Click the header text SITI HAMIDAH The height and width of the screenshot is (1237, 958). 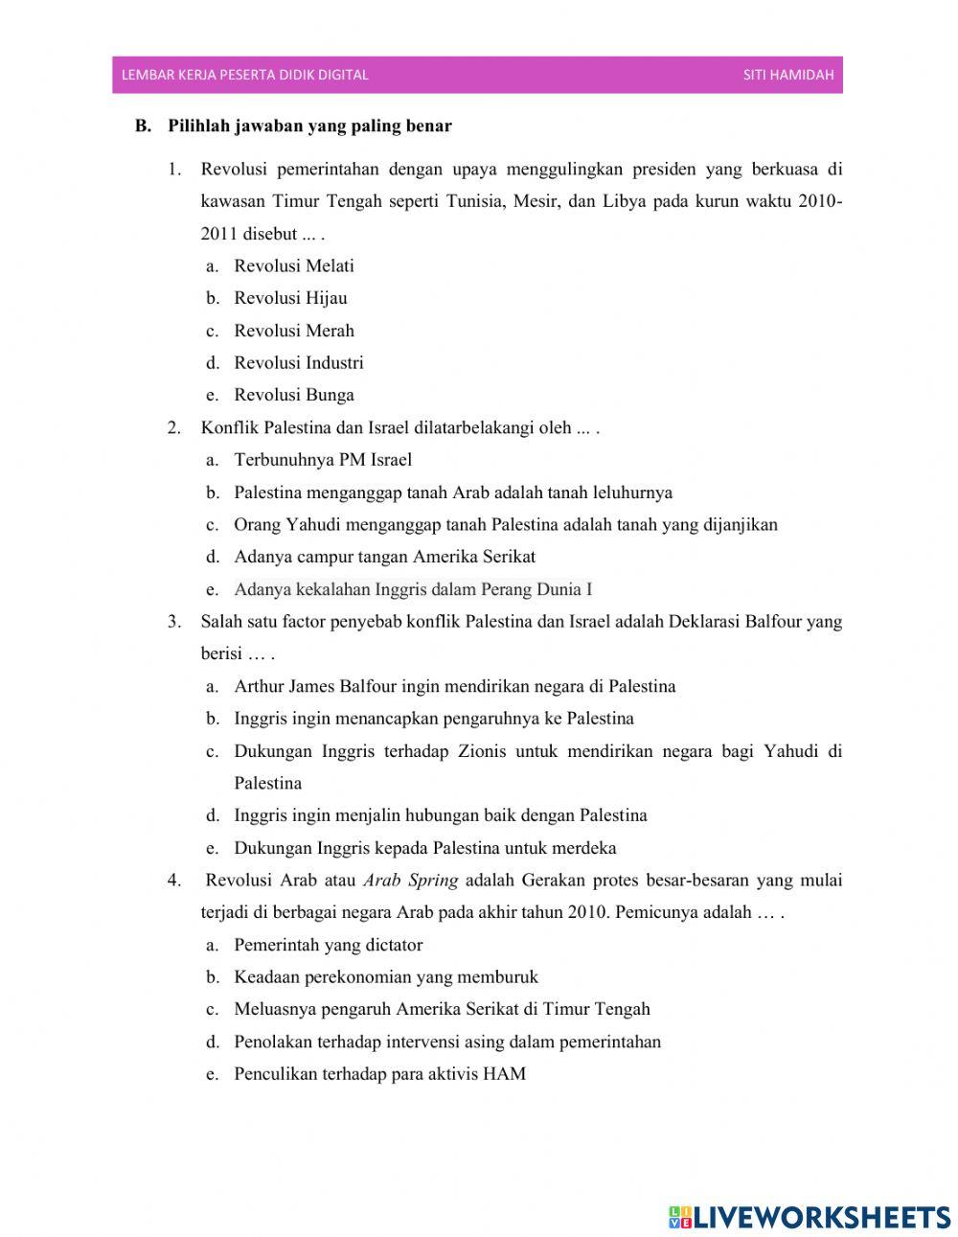click(787, 75)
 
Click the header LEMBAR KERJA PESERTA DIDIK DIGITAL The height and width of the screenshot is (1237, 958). click(244, 75)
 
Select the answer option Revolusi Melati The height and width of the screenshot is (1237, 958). click(293, 266)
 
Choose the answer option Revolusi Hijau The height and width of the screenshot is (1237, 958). click(290, 298)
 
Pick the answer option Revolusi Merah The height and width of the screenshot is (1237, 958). click(293, 331)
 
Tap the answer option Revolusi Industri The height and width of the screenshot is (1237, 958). click(298, 363)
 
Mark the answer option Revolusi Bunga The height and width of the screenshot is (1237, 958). click(293, 395)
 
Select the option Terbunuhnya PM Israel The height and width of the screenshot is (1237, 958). click(322, 460)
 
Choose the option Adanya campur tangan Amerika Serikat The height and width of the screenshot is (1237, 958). click(384, 557)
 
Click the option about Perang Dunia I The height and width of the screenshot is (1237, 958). click(412, 589)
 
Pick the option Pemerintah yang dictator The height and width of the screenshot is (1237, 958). click(328, 945)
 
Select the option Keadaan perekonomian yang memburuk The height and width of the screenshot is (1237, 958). click(385, 977)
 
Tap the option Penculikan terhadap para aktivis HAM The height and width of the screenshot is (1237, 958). click(379, 1074)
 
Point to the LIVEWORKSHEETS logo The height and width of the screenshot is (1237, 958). click(809, 1217)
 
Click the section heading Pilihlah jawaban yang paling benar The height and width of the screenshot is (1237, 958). click(309, 126)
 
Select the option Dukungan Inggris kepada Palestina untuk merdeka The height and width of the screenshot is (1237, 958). click(424, 848)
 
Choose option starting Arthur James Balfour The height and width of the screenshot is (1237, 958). click(454, 686)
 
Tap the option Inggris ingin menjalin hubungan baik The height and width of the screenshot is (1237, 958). click(440, 815)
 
